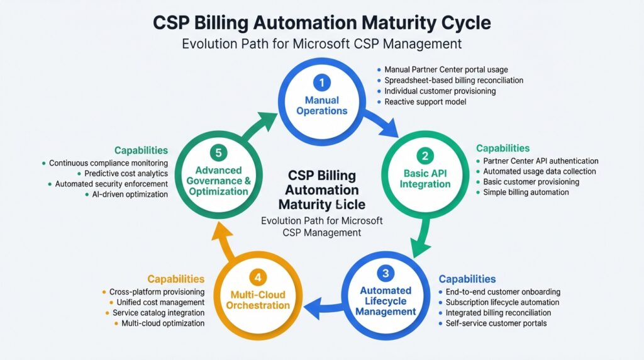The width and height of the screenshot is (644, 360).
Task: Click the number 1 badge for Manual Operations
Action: [322, 82]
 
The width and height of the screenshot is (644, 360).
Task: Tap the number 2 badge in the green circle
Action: [425, 155]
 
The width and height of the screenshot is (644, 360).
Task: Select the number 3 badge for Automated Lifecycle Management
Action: [386, 273]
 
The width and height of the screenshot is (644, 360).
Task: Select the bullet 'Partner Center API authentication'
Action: [540, 161]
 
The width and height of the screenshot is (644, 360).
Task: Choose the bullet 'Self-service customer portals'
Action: [496, 323]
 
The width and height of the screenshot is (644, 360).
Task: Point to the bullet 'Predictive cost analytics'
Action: [126, 173]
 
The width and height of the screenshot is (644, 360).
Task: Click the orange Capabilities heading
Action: [175, 278]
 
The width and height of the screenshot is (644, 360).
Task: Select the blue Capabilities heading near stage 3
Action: [467, 279]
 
